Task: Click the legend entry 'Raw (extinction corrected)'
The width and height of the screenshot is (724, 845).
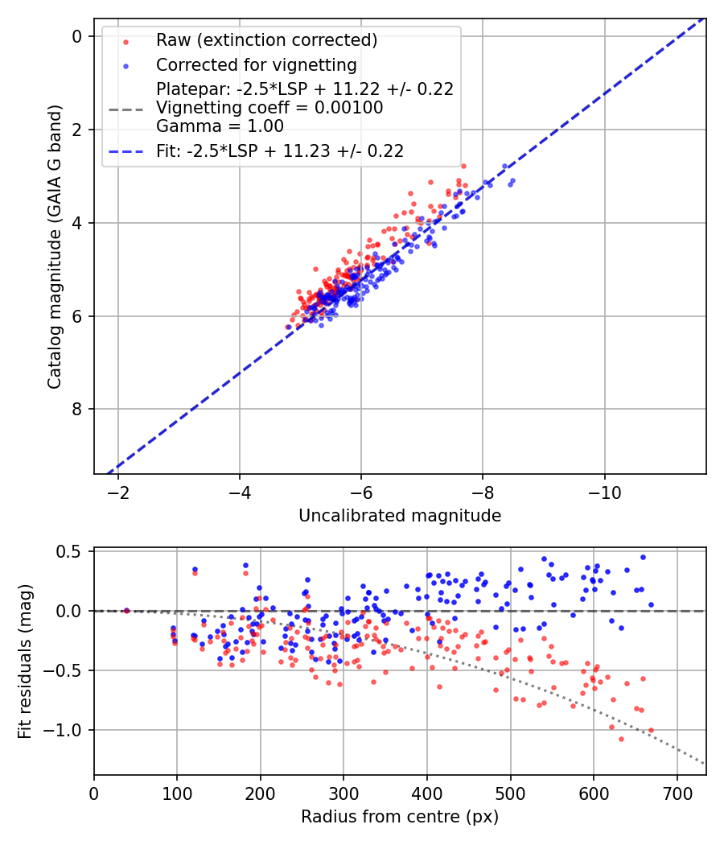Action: click(266, 40)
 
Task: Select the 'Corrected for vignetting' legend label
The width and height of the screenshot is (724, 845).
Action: click(257, 64)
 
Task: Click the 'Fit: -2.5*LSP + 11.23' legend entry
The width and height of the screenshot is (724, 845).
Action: click(280, 150)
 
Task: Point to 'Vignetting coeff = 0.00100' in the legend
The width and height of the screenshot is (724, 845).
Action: click(269, 107)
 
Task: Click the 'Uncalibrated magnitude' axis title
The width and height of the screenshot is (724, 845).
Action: click(400, 516)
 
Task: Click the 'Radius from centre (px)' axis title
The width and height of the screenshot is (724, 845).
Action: click(400, 817)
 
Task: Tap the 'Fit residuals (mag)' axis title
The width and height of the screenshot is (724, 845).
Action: click(25, 662)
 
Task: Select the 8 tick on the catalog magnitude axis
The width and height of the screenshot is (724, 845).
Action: click(77, 409)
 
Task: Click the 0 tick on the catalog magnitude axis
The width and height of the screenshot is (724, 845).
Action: click(77, 36)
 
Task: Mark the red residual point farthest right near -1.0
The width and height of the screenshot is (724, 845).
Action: click(651, 730)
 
